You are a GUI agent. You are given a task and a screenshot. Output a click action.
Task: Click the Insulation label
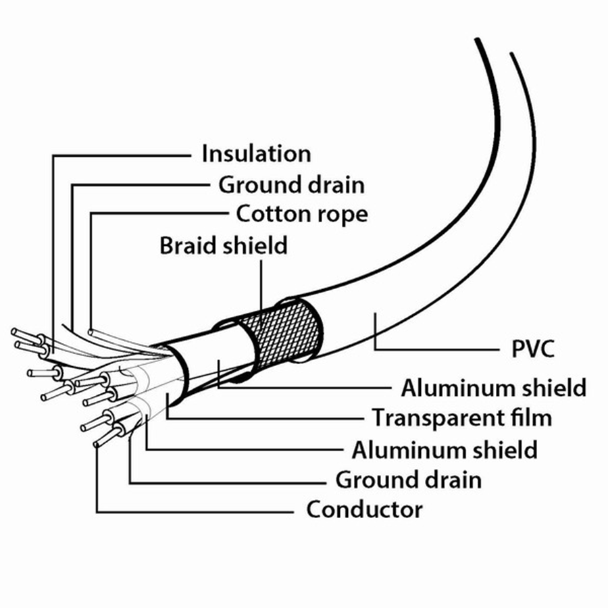pos(256,154)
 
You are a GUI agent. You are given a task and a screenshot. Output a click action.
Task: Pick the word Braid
pos(187,245)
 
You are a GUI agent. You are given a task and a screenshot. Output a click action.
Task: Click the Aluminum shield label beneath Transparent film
pos(444,449)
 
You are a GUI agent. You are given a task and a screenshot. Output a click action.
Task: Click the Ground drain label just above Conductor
pos(408,480)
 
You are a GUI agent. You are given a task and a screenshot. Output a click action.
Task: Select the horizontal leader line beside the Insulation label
pos(122,155)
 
